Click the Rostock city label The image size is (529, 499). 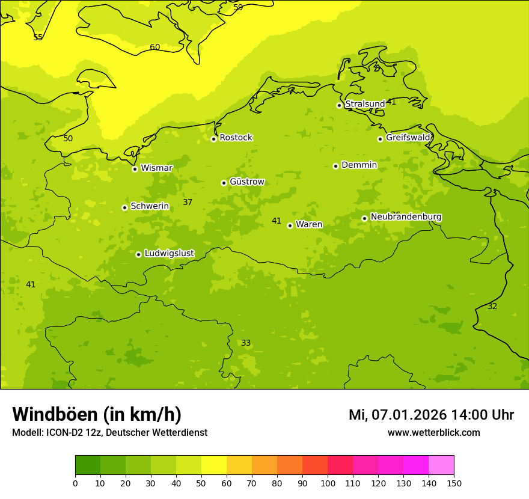click(236, 138)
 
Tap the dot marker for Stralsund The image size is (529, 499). click(339, 105)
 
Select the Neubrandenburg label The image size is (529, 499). click(406, 217)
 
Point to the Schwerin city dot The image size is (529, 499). click(124, 207)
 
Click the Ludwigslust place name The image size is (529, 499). click(169, 254)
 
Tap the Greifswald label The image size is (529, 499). click(408, 138)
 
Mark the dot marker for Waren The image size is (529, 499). click(290, 225)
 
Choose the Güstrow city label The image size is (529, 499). click(246, 182)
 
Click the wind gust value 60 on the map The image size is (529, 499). click(155, 47)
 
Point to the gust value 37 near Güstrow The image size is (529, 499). click(188, 203)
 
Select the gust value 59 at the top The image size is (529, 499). click(238, 8)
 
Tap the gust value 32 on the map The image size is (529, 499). click(492, 307)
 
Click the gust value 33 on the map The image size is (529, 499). click(246, 343)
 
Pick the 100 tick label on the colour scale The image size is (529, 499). click(328, 483)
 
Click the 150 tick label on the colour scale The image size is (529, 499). click(454, 483)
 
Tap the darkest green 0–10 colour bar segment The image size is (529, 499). click(88, 465)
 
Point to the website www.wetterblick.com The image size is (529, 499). click(433, 433)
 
